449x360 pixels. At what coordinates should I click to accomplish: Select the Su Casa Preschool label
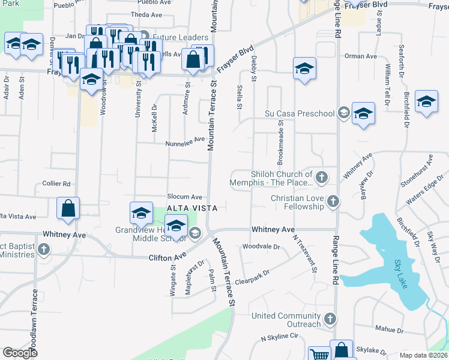pyautogui.click(x=300, y=113)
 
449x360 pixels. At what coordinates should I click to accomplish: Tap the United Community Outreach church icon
pyautogui.click(x=328, y=318)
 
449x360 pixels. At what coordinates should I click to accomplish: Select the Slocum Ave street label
pyautogui.click(x=184, y=197)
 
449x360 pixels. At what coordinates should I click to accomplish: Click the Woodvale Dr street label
pyautogui.click(x=261, y=247)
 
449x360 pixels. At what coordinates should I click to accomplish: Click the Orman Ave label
pyautogui.click(x=360, y=56)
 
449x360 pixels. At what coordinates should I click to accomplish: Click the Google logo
pyautogui.click(x=20, y=353)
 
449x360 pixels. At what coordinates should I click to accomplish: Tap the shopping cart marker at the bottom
pyautogui.click(x=319, y=355)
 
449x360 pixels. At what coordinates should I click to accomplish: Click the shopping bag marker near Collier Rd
pyautogui.click(x=68, y=208)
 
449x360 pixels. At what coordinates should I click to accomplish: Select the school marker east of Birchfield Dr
pyautogui.click(x=426, y=101)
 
